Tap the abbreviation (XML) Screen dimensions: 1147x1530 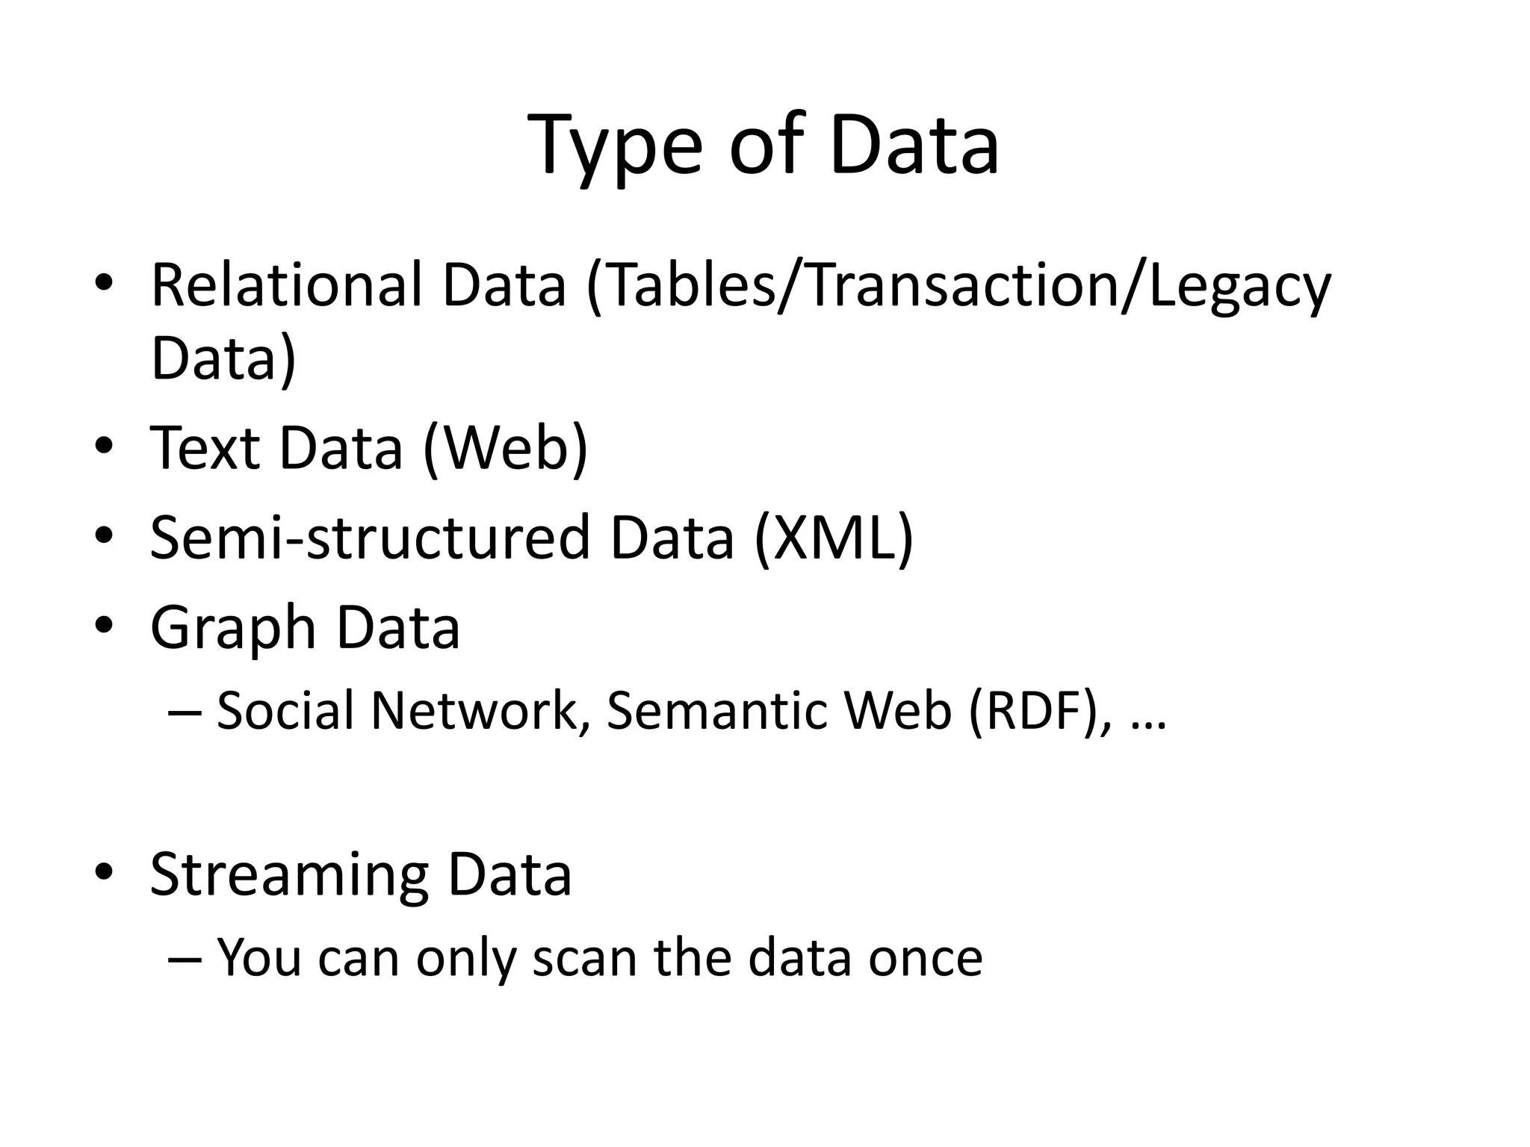coord(833,537)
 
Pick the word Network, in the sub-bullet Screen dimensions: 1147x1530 coord(475,710)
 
